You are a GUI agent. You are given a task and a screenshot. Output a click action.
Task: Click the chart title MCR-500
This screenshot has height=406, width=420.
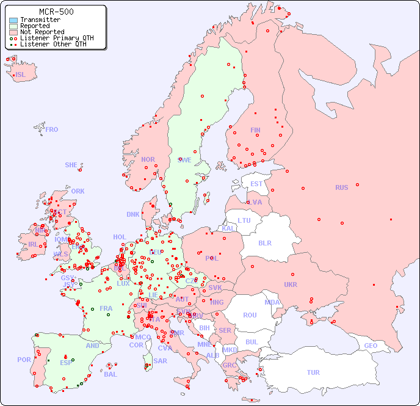tap(56, 12)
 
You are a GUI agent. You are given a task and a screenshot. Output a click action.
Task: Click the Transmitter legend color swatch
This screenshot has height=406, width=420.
tap(13, 20)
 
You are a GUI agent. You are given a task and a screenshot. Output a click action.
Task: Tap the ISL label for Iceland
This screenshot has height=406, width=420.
tap(21, 75)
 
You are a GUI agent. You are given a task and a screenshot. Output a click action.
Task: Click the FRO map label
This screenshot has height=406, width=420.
tap(52, 129)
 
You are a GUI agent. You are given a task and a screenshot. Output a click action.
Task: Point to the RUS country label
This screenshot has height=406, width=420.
tap(341, 187)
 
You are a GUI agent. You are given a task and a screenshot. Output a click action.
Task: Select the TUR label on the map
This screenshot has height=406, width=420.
tap(313, 372)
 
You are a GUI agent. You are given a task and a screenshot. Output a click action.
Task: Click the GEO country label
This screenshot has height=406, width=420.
tap(371, 346)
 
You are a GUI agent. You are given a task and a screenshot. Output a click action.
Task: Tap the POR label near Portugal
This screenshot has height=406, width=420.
tap(24, 360)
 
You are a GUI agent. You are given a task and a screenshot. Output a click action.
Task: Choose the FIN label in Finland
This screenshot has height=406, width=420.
tap(255, 130)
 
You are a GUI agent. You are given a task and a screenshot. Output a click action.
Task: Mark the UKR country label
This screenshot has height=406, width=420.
tap(291, 285)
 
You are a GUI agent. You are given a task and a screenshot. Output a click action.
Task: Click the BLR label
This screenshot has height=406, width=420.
tap(264, 242)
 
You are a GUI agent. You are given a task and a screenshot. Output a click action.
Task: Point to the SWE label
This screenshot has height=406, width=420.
tap(184, 160)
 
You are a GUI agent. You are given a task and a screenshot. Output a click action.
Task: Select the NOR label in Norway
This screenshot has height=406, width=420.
tap(148, 159)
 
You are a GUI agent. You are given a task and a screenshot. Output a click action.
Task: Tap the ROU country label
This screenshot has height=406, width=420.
tap(250, 315)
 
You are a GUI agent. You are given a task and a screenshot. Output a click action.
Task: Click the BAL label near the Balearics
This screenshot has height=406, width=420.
tap(110, 374)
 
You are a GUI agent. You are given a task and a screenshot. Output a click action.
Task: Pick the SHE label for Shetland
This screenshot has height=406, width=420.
tap(71, 165)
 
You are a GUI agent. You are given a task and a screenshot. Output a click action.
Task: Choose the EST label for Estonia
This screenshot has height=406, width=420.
tap(256, 184)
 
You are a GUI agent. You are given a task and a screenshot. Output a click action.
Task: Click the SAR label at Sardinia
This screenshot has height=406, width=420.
tap(160, 361)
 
